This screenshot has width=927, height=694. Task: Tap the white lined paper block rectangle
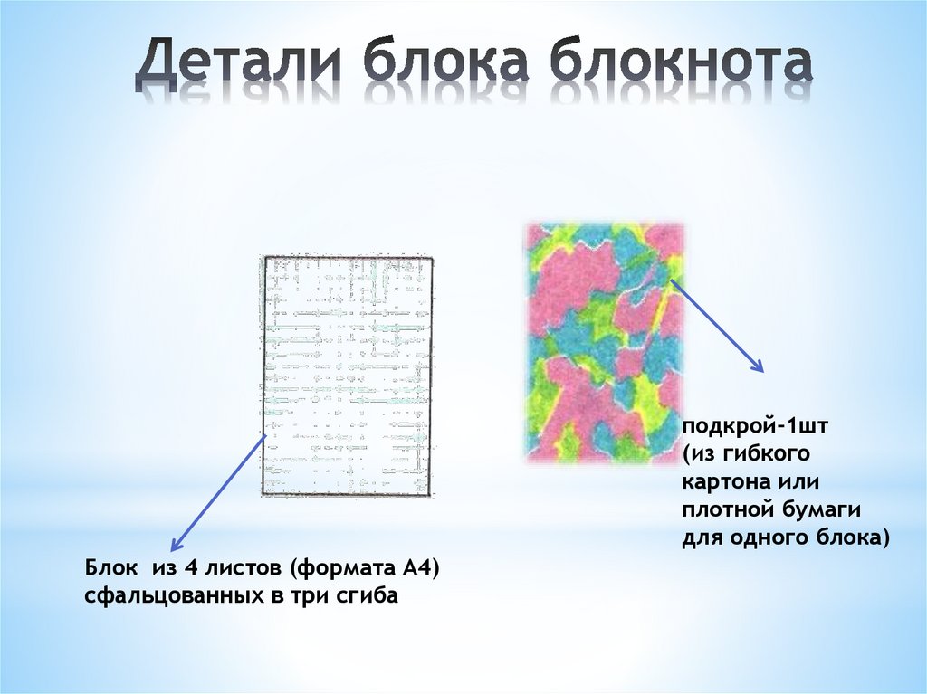347,376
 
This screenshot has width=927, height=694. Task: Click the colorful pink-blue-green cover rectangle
604,343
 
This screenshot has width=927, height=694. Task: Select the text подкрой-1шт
743,425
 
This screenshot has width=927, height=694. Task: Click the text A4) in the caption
418,569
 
